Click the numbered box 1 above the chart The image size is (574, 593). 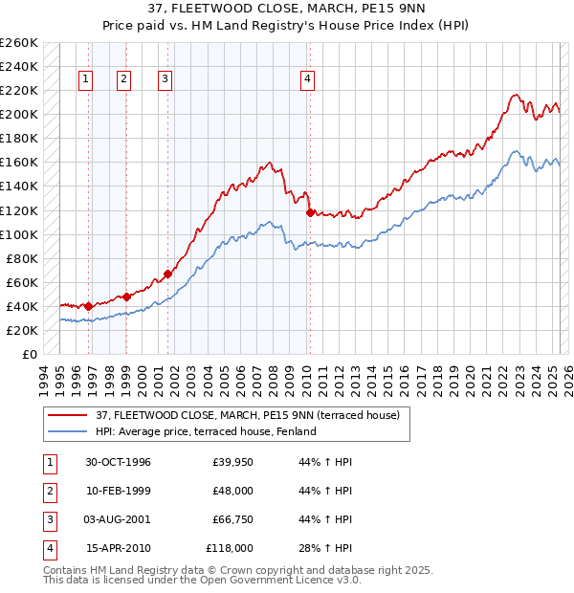click(x=87, y=80)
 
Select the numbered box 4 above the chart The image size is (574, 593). click(x=308, y=80)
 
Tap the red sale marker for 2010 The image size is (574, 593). click(x=309, y=212)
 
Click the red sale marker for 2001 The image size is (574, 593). click(x=167, y=274)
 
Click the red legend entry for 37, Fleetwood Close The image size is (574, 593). click(x=253, y=414)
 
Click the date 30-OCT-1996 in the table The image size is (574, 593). click(x=119, y=463)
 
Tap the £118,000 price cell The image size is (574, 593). click(x=230, y=548)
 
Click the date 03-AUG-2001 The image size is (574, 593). click(x=119, y=519)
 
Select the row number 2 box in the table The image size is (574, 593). click(x=48, y=492)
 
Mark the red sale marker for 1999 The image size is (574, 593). click(x=126, y=296)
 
